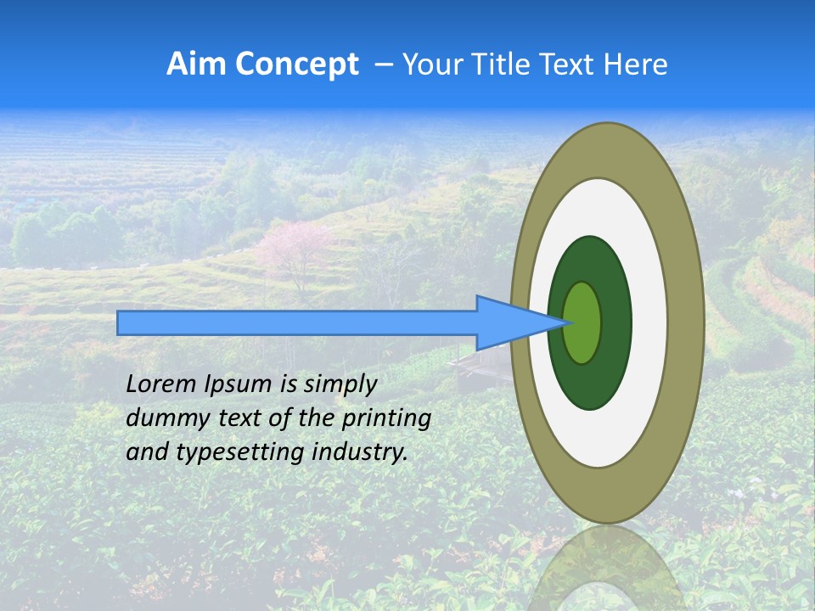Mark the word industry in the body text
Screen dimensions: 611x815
(359, 452)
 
